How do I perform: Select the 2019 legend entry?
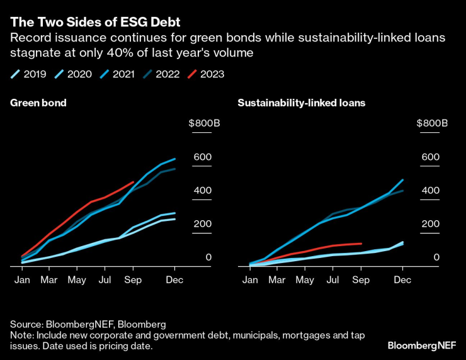28,74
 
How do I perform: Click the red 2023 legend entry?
206,74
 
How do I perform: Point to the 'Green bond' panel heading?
38,102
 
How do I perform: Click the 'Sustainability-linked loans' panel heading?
302,102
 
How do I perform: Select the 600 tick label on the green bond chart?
203,157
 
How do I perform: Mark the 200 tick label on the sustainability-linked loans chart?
430,224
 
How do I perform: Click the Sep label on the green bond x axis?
132,279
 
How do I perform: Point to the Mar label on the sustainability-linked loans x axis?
278,279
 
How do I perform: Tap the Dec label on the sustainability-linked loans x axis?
402,279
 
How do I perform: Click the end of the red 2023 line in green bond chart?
133,183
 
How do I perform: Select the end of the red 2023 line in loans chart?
361,243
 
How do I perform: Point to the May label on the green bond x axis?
77,279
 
